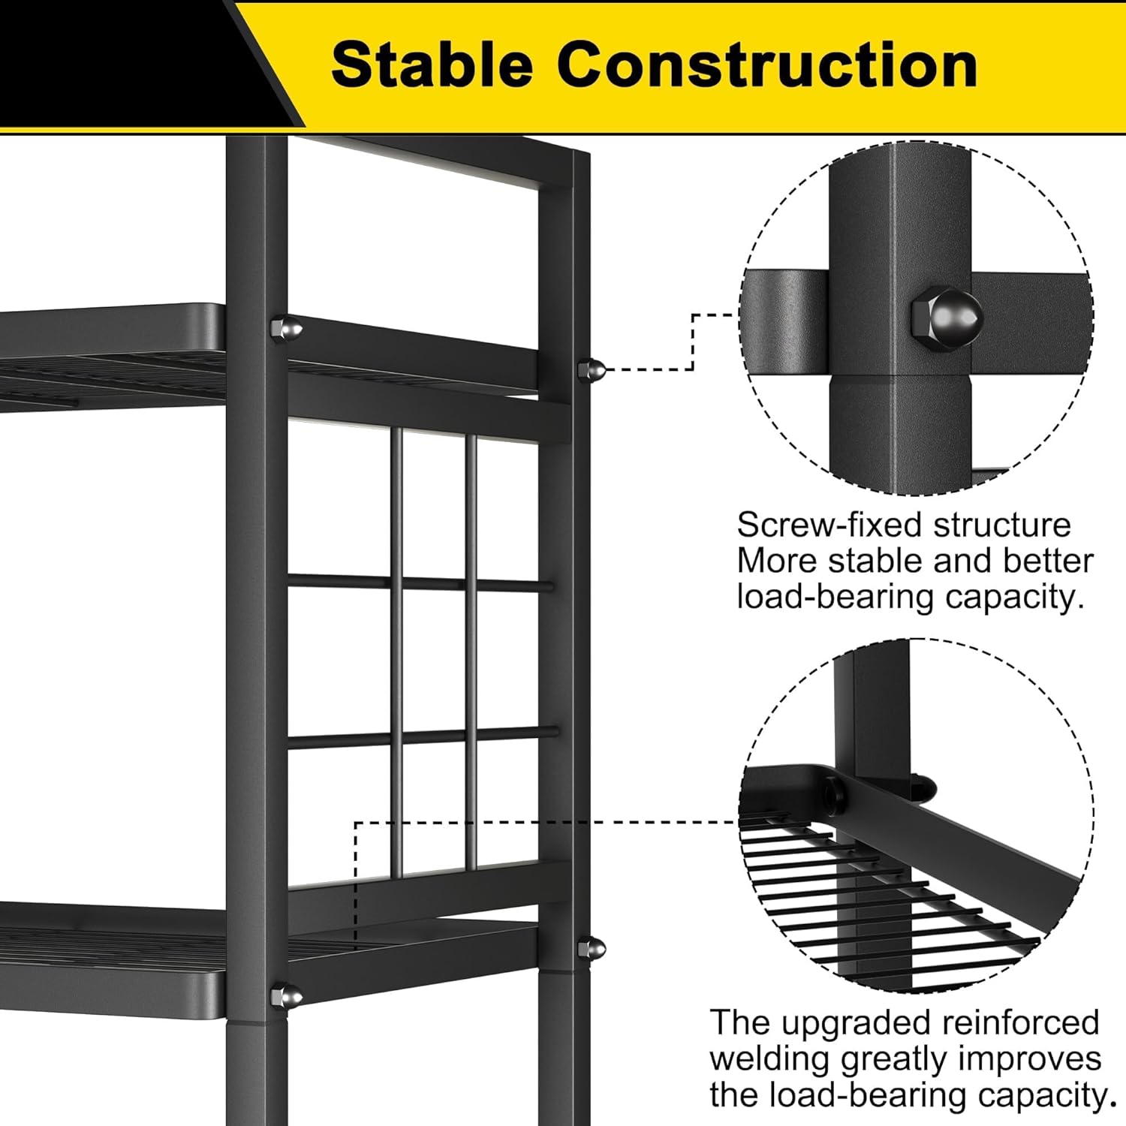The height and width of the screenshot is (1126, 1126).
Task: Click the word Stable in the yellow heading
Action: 432,65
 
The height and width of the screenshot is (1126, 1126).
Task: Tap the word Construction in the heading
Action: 766,65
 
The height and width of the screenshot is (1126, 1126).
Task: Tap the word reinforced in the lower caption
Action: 1020,1023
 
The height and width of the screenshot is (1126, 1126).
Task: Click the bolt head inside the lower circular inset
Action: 832,792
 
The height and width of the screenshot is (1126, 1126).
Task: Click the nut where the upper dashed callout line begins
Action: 591,370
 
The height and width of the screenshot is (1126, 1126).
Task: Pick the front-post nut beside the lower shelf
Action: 286,997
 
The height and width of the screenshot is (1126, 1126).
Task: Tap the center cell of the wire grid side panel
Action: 433,659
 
